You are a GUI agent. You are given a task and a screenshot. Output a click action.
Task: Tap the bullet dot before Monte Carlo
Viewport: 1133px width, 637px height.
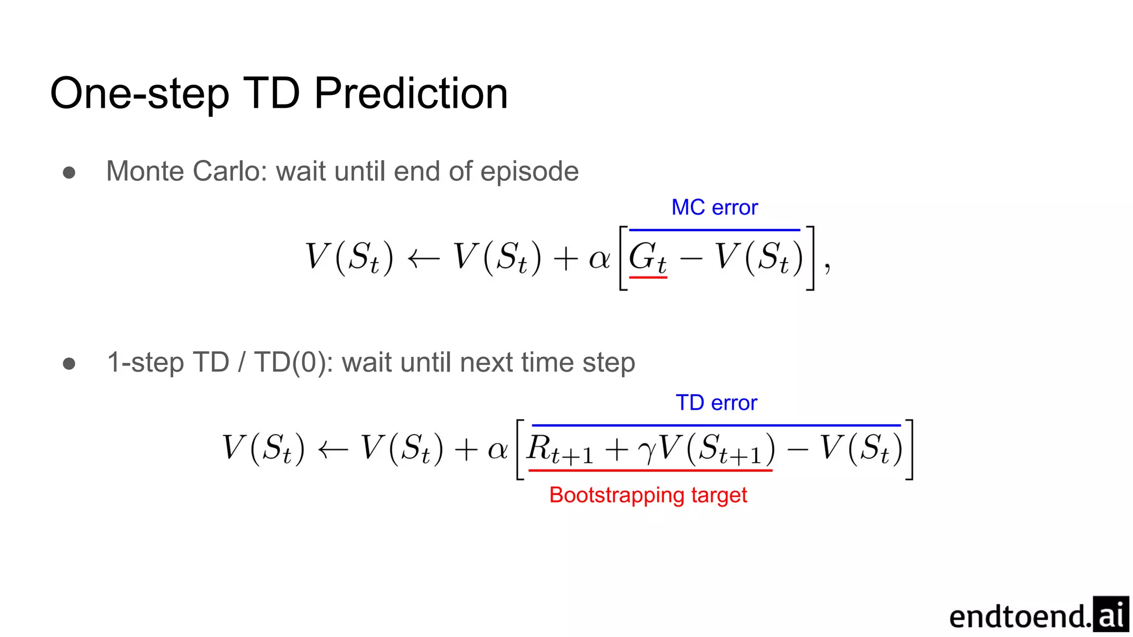(x=69, y=173)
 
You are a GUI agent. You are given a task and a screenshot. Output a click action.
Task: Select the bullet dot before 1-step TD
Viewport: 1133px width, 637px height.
(x=69, y=363)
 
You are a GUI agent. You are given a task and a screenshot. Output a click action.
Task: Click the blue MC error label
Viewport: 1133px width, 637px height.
(x=714, y=207)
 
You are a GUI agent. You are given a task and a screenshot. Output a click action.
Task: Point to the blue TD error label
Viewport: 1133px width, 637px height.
(x=716, y=403)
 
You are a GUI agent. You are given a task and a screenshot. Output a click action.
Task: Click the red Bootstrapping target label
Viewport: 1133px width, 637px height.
(x=648, y=495)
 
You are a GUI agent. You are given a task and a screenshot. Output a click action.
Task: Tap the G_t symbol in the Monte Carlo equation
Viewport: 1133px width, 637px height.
(x=647, y=258)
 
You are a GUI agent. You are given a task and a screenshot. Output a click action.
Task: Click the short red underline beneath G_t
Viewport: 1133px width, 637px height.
(x=648, y=277)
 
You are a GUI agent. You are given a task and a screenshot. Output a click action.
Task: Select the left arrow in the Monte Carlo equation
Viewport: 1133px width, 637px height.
(x=423, y=258)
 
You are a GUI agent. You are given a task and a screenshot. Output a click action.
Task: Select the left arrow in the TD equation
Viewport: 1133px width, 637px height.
(x=333, y=449)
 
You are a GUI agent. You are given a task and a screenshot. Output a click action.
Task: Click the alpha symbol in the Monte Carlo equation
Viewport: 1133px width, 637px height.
(x=599, y=258)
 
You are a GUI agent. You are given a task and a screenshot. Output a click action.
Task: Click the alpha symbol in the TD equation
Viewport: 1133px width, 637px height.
(x=498, y=449)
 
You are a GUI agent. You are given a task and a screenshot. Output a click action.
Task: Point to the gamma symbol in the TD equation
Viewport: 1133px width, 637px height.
(x=646, y=451)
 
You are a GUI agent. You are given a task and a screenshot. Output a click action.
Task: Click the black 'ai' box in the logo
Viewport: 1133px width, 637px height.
(x=1111, y=614)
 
